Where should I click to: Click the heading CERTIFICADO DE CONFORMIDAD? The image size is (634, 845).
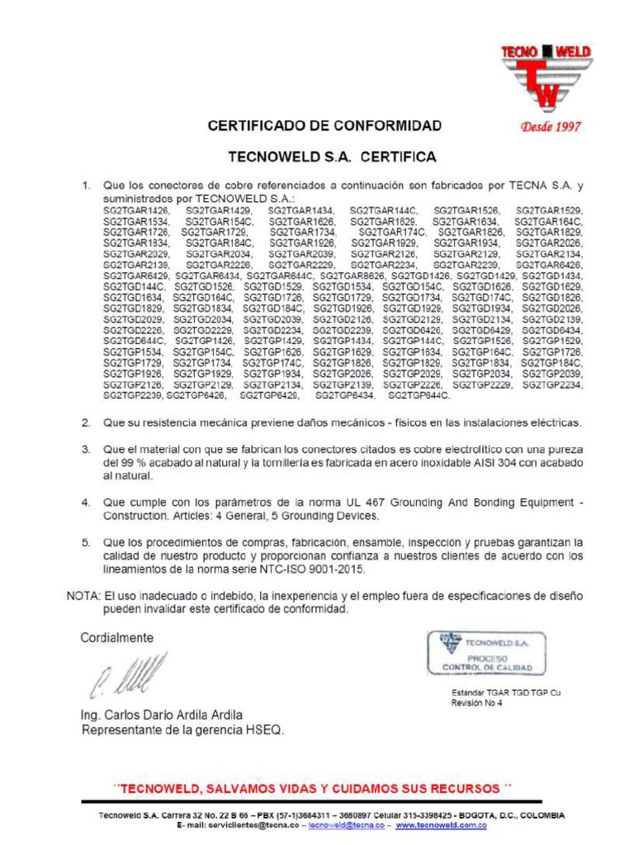(x=324, y=126)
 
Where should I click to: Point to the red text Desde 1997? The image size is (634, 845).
(x=550, y=127)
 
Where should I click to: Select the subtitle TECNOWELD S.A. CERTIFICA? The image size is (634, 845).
(x=332, y=156)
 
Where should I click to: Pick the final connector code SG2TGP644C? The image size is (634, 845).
(x=419, y=395)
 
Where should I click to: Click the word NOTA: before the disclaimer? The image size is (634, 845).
(x=83, y=596)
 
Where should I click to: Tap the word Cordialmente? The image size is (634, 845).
(x=116, y=638)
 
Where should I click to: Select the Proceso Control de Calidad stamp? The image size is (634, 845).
(x=485, y=652)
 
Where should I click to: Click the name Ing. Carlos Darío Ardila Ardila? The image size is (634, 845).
(x=161, y=715)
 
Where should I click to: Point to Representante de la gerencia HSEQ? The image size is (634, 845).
(x=182, y=729)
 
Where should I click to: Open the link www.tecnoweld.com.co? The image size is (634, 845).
(x=441, y=825)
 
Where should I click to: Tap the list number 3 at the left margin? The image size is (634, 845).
(x=85, y=449)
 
